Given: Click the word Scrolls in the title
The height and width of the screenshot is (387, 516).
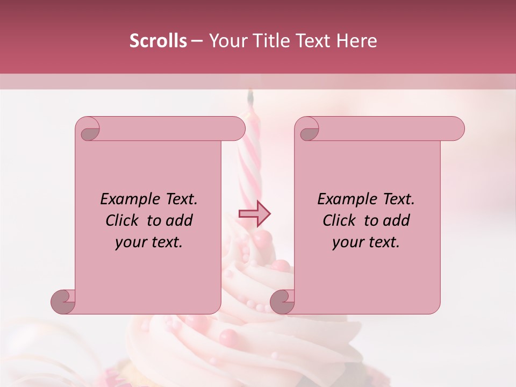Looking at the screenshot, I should point(158,41).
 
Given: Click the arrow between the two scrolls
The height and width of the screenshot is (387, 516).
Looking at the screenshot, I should point(255,214).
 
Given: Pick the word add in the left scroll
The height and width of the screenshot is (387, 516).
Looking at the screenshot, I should point(179,220).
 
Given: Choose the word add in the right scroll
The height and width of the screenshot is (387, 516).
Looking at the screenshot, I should point(396,220).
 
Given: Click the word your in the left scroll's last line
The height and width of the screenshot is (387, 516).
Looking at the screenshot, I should point(130,242).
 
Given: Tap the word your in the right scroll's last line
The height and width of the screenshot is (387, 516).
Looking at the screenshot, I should point(347,242).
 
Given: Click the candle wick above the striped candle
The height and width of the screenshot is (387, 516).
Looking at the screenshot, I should point(250,97).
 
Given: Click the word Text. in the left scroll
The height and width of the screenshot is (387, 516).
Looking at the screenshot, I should point(179,199).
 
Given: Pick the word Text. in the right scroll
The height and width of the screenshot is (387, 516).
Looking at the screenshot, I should point(396,199).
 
